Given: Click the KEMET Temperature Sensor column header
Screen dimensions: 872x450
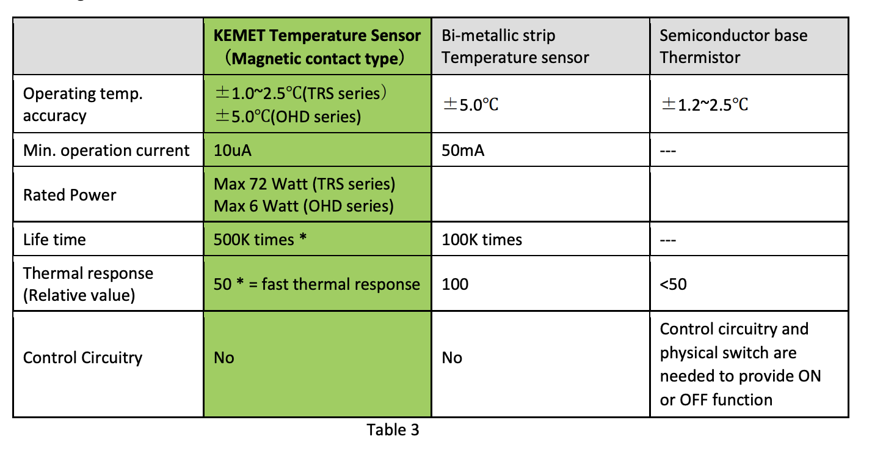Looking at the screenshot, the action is (317, 46).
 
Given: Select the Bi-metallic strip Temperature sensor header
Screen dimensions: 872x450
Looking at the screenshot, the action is (515, 46).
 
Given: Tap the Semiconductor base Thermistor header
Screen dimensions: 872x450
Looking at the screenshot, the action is (733, 46).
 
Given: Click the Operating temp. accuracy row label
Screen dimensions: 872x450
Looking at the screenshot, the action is (82, 105).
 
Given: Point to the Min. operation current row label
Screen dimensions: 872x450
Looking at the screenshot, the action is (106, 150).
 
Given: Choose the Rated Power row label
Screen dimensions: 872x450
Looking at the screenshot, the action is (70, 195).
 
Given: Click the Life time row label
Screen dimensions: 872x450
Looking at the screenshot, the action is (54, 240).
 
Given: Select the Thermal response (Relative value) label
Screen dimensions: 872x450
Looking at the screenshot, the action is (88, 284).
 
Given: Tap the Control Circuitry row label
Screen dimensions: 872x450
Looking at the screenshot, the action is (82, 358).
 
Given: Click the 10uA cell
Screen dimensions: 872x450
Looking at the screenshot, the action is (233, 150).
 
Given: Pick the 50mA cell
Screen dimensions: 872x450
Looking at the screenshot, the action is (463, 150).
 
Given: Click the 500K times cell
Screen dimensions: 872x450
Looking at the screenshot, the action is (260, 240).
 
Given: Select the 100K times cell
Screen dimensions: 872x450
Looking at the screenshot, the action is (482, 240).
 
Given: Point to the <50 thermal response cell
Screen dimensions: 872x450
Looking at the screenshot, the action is (673, 284).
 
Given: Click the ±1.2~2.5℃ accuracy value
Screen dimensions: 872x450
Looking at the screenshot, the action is (704, 105).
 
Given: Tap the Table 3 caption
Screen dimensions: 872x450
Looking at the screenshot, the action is (393, 430).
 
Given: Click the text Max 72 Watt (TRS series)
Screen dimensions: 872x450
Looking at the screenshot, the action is (305, 184).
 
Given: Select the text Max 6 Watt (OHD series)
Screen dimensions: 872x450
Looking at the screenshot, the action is (303, 206).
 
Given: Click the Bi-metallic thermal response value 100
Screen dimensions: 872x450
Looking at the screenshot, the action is (455, 284).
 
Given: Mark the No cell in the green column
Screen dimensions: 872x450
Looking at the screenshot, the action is (224, 358).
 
